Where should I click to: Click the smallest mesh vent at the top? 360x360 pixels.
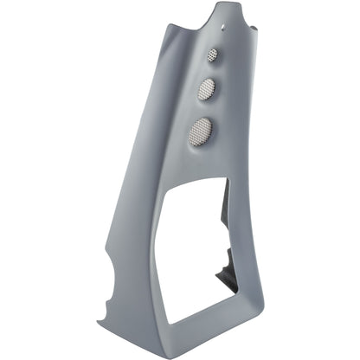click(x=212, y=55)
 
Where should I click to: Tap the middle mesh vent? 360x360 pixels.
click(x=208, y=88)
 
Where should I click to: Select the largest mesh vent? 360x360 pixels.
click(x=201, y=131)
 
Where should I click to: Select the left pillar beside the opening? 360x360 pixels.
click(x=147, y=260)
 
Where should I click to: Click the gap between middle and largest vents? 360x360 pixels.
click(x=204, y=108)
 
